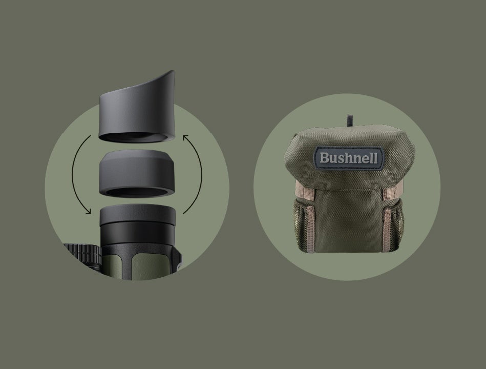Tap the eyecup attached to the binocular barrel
138,219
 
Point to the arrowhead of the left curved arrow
89,211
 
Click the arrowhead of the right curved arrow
186,138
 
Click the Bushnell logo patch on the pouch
349,158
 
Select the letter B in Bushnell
324,158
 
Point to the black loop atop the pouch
350,120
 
